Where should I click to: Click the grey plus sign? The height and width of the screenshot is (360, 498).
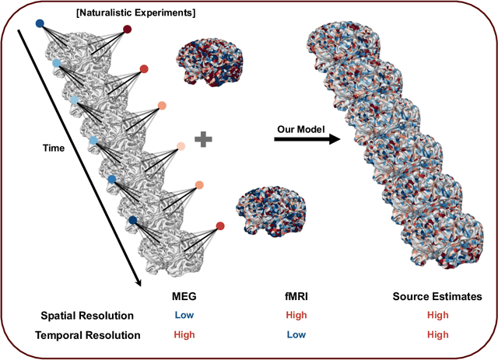point(204,140)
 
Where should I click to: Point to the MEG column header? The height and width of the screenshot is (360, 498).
point(184,297)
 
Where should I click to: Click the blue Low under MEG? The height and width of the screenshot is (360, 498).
point(184,316)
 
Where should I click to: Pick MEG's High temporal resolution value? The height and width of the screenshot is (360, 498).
point(184,334)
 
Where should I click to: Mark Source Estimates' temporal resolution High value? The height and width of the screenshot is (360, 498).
point(438,334)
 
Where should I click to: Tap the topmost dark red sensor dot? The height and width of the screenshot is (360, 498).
point(127,30)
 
